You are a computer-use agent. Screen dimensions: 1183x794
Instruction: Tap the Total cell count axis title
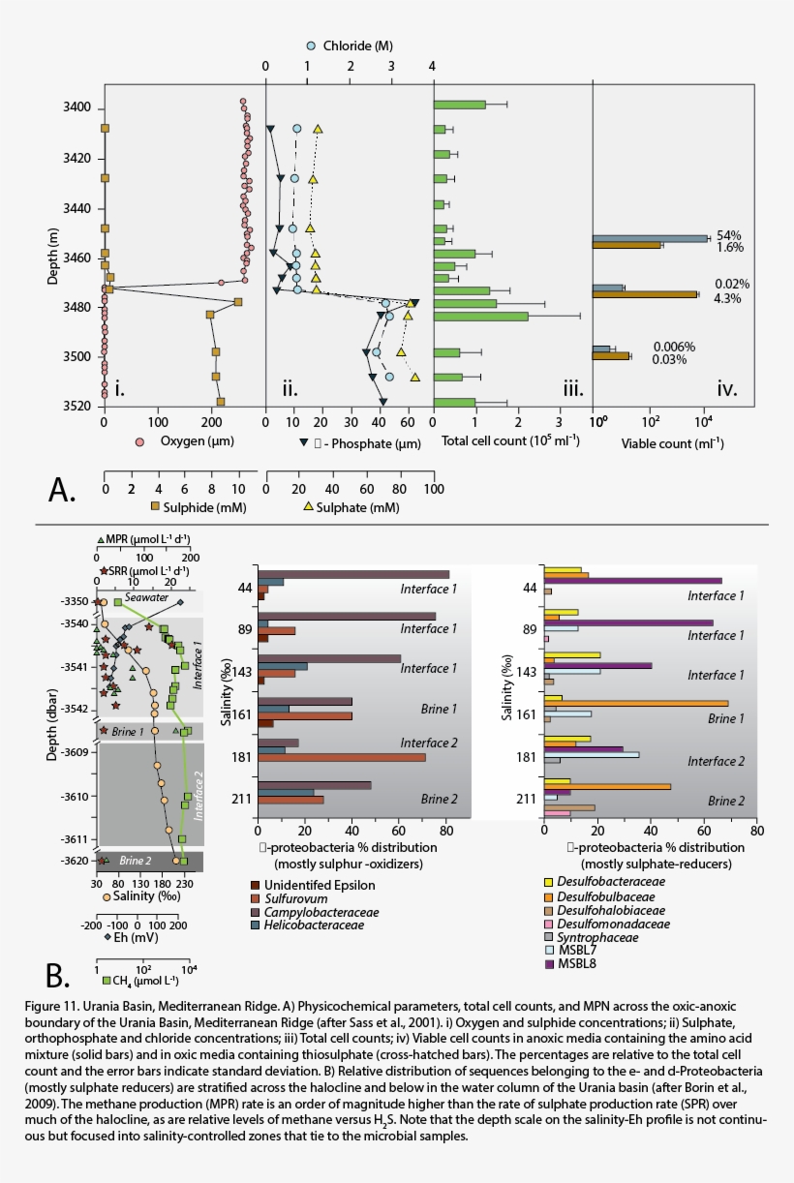pyautogui.click(x=497, y=441)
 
